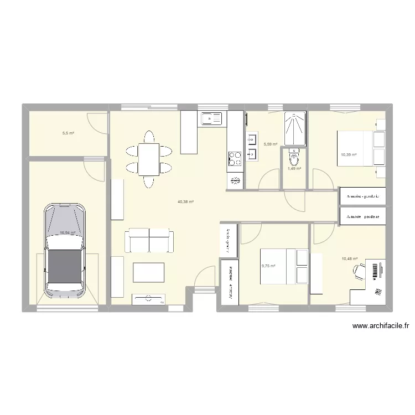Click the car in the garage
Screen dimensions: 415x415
(65, 249)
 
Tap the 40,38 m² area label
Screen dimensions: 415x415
(185, 202)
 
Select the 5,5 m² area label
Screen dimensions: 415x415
(68, 133)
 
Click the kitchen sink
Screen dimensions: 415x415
(211, 118)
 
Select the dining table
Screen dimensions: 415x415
(148, 159)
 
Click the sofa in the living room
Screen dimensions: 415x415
(149, 240)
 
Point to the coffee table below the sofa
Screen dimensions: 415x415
(148, 272)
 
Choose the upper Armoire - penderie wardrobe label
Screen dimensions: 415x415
(362, 196)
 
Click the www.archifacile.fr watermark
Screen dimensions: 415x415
(381, 326)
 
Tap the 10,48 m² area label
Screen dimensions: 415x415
(350, 258)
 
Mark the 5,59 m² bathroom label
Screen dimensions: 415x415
(271, 144)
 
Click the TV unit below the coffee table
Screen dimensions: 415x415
(148, 299)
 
